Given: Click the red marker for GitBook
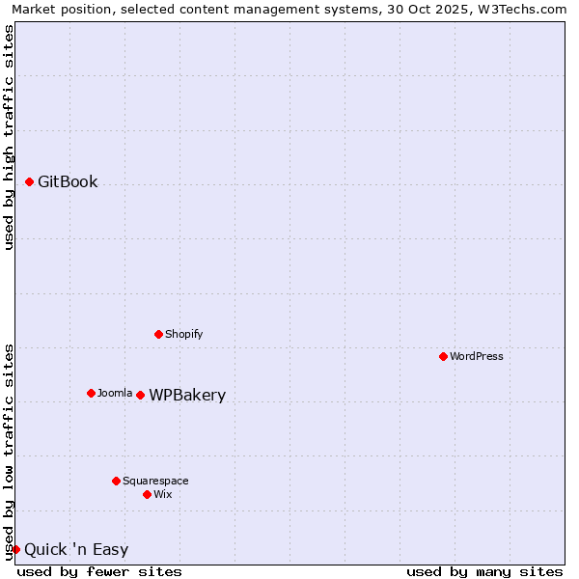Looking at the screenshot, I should (30, 181).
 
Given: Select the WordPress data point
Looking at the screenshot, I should (443, 356).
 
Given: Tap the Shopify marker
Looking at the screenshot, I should (158, 334).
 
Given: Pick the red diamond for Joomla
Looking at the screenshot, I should (91, 393).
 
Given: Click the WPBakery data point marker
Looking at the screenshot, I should (140, 395).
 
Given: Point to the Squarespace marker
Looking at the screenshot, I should (116, 481).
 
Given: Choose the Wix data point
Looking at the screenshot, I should (147, 494).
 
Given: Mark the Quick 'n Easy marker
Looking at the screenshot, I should (15, 549).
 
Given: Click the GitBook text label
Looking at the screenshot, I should (68, 182).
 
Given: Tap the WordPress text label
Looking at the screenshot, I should (477, 356).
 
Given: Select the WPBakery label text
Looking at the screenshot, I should (187, 396).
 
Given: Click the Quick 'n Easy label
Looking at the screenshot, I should (76, 550).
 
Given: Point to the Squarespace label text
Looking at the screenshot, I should (155, 481).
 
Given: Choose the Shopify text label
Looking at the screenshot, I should (183, 334).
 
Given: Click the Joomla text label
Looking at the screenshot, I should (115, 393).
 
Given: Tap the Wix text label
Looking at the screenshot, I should (162, 494).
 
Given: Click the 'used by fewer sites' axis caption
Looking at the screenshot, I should (99, 571).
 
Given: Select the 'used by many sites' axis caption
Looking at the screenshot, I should (484, 571).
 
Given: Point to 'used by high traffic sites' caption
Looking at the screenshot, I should (9, 137).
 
